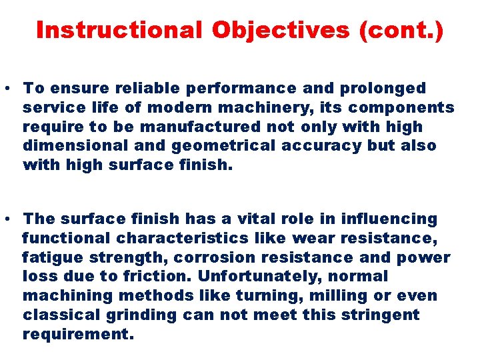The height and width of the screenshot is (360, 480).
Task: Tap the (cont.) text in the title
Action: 400,30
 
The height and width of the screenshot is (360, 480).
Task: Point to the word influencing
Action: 389,219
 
